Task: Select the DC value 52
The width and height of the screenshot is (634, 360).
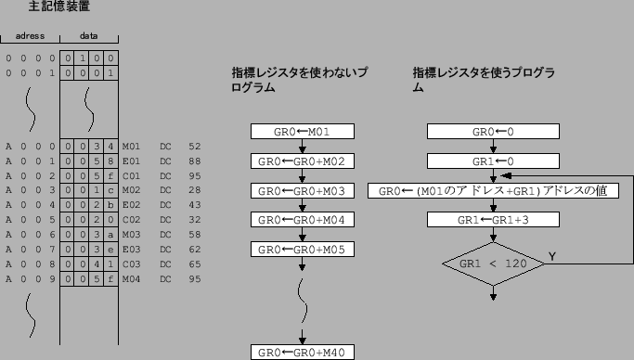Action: [x=194, y=147]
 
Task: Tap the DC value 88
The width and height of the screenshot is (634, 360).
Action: [x=194, y=160]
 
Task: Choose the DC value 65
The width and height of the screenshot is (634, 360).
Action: [x=194, y=264]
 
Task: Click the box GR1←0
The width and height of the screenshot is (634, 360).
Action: [x=493, y=161]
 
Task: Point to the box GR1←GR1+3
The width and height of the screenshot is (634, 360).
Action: [x=493, y=221]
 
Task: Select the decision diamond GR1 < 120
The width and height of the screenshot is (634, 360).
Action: [x=493, y=264]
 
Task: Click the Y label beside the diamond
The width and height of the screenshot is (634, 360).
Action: [x=552, y=255]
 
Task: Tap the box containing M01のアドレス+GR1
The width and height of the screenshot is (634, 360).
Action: [x=494, y=191]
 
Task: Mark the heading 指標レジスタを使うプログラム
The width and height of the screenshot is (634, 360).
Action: [x=484, y=80]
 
